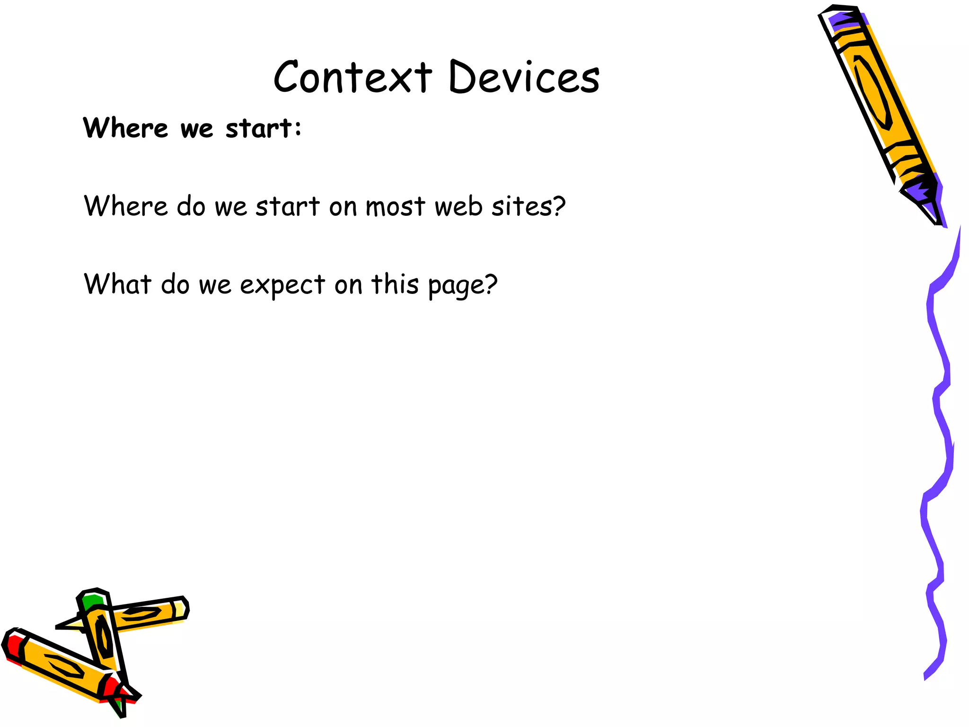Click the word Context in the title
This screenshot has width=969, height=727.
(x=352, y=77)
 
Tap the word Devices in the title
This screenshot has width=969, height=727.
(x=524, y=77)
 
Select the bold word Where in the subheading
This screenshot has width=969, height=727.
(x=125, y=128)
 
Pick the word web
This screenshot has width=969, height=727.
(x=458, y=207)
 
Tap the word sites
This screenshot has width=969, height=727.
(x=522, y=207)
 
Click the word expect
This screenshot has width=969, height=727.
(x=282, y=285)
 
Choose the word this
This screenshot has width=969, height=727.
(x=395, y=284)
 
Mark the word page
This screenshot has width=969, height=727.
(x=456, y=286)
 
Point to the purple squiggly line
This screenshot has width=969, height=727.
(x=939, y=426)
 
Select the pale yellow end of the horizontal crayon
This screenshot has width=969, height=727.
(x=180, y=609)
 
